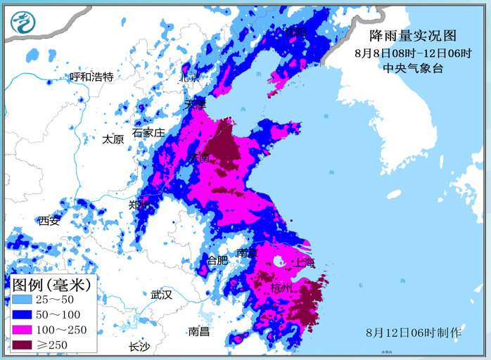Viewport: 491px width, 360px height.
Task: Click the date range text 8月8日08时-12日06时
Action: click(x=413, y=53)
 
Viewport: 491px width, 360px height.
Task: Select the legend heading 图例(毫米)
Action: click(x=51, y=285)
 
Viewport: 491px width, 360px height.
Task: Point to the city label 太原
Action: click(x=113, y=139)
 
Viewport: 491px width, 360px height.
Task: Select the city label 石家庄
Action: click(x=148, y=132)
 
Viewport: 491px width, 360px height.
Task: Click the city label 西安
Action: click(x=49, y=221)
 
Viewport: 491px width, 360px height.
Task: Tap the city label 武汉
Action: click(x=161, y=295)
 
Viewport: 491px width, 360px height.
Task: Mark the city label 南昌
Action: click(x=199, y=331)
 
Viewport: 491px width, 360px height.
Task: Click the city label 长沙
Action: click(x=139, y=347)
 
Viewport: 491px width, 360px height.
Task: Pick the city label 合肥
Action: click(x=217, y=260)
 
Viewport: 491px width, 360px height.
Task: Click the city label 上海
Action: click(x=305, y=262)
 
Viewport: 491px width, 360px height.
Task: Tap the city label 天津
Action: click(x=195, y=104)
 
